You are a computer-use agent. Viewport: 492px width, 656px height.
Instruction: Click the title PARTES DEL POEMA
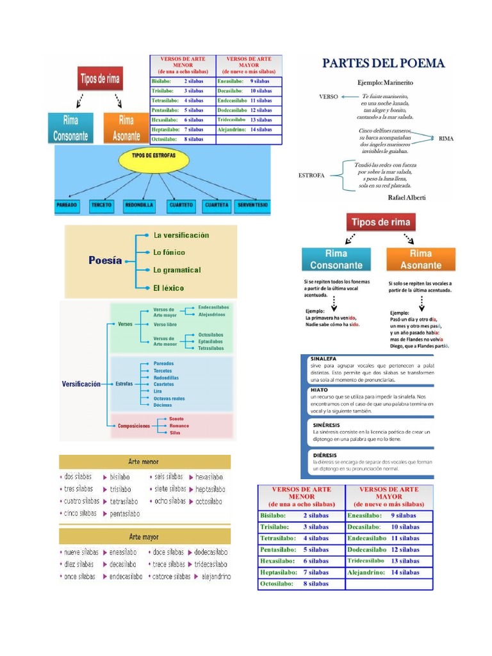(382, 63)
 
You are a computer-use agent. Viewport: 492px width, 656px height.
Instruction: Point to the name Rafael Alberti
(407, 197)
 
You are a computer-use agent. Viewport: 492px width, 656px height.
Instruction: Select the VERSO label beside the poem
(328, 97)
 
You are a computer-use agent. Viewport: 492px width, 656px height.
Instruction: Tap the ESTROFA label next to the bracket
(311, 174)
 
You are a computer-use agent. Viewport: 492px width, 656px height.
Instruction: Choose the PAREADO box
(68, 205)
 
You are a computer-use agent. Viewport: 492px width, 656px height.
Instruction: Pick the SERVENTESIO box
(252, 205)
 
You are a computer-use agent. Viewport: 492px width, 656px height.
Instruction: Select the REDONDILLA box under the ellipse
(138, 205)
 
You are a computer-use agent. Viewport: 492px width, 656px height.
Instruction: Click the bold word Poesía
(104, 261)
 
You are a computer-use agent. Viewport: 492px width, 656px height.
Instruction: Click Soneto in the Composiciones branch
(177, 418)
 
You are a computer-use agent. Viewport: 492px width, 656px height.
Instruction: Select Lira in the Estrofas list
(158, 391)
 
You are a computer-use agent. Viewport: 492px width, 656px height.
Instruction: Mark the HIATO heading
(320, 388)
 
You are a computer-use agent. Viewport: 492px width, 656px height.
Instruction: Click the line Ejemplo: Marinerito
(385, 83)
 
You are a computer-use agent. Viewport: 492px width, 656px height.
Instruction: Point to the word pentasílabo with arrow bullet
(124, 513)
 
